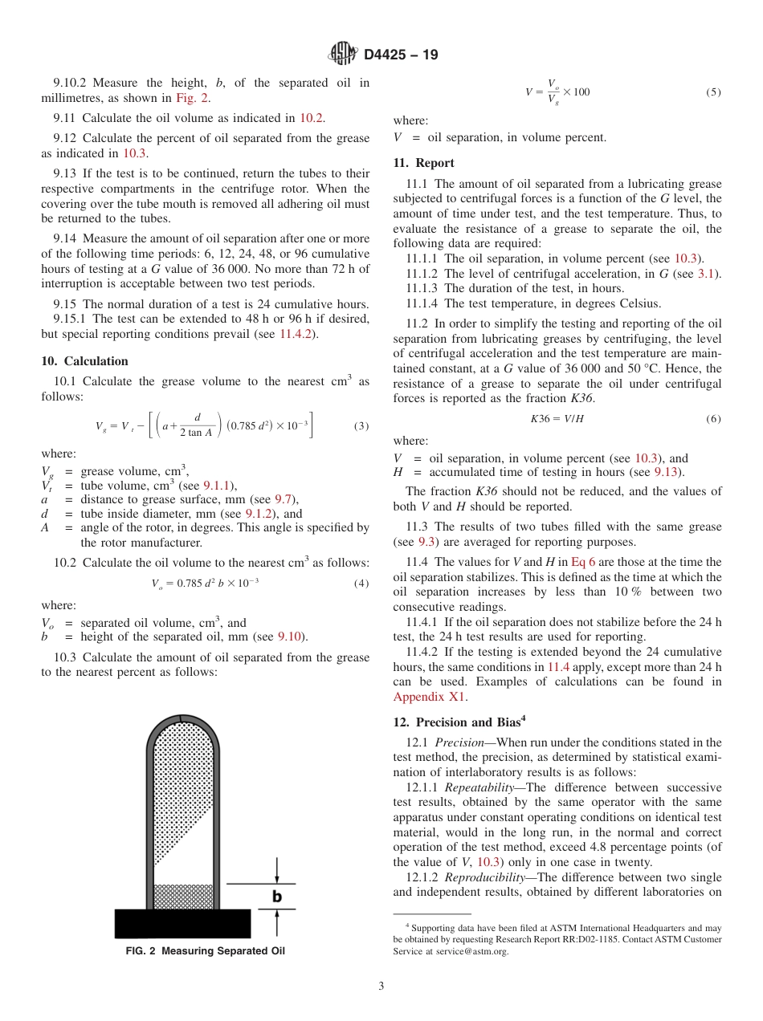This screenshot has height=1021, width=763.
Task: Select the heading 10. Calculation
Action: point(85,361)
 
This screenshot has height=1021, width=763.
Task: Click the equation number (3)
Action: point(361,425)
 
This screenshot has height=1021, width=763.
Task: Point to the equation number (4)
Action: point(361,583)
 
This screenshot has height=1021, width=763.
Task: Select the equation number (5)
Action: point(713,92)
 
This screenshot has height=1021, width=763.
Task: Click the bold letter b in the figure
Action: point(276,897)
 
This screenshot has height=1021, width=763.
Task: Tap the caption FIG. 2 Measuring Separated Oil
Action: point(206,951)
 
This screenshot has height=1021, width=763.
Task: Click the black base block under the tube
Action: point(183,923)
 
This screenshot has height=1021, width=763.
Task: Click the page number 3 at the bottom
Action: point(381,986)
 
